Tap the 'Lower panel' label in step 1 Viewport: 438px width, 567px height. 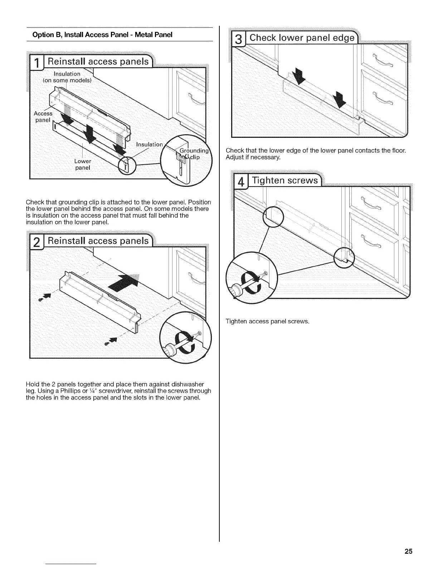[x=83, y=164]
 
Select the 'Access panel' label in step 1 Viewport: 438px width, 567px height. [x=43, y=117]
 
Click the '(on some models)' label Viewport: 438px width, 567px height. [x=67, y=81]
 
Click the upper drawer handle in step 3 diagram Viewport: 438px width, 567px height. [x=382, y=60]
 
